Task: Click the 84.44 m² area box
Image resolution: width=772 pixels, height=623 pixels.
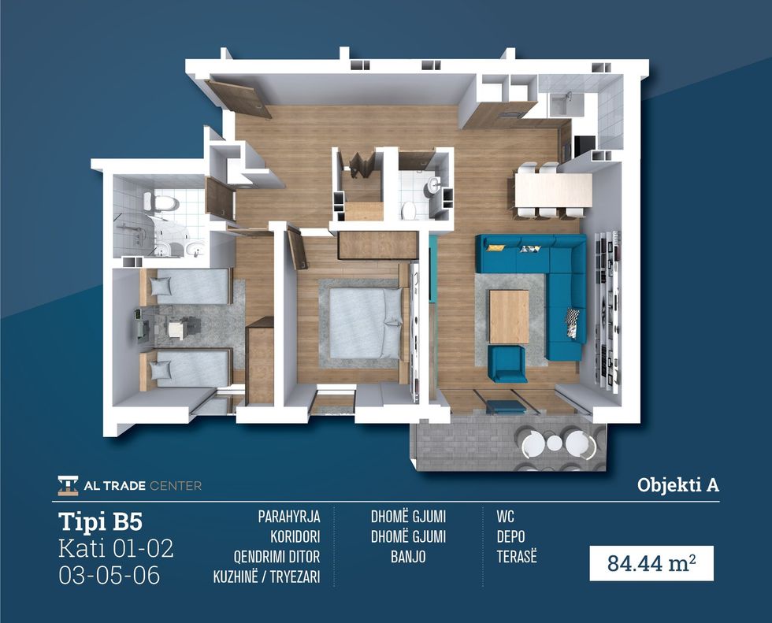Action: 651,563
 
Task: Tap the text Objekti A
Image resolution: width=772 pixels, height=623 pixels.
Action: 678,485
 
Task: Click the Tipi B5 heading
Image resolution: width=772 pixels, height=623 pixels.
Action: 101,521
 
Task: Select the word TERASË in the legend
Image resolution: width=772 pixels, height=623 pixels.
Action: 517,557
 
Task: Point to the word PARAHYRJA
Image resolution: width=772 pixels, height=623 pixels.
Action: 289,517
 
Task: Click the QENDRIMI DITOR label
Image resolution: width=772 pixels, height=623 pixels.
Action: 277,557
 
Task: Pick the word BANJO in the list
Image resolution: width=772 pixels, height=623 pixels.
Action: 408,557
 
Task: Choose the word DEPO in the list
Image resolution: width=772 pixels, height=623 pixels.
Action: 510,537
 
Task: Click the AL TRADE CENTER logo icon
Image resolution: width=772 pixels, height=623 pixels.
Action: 68,486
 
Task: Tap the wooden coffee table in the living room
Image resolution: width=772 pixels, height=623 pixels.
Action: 509,317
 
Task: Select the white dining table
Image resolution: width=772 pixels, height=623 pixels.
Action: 553,191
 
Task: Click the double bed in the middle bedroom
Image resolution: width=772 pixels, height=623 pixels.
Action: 366,322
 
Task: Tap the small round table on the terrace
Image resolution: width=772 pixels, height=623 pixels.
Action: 555,443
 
